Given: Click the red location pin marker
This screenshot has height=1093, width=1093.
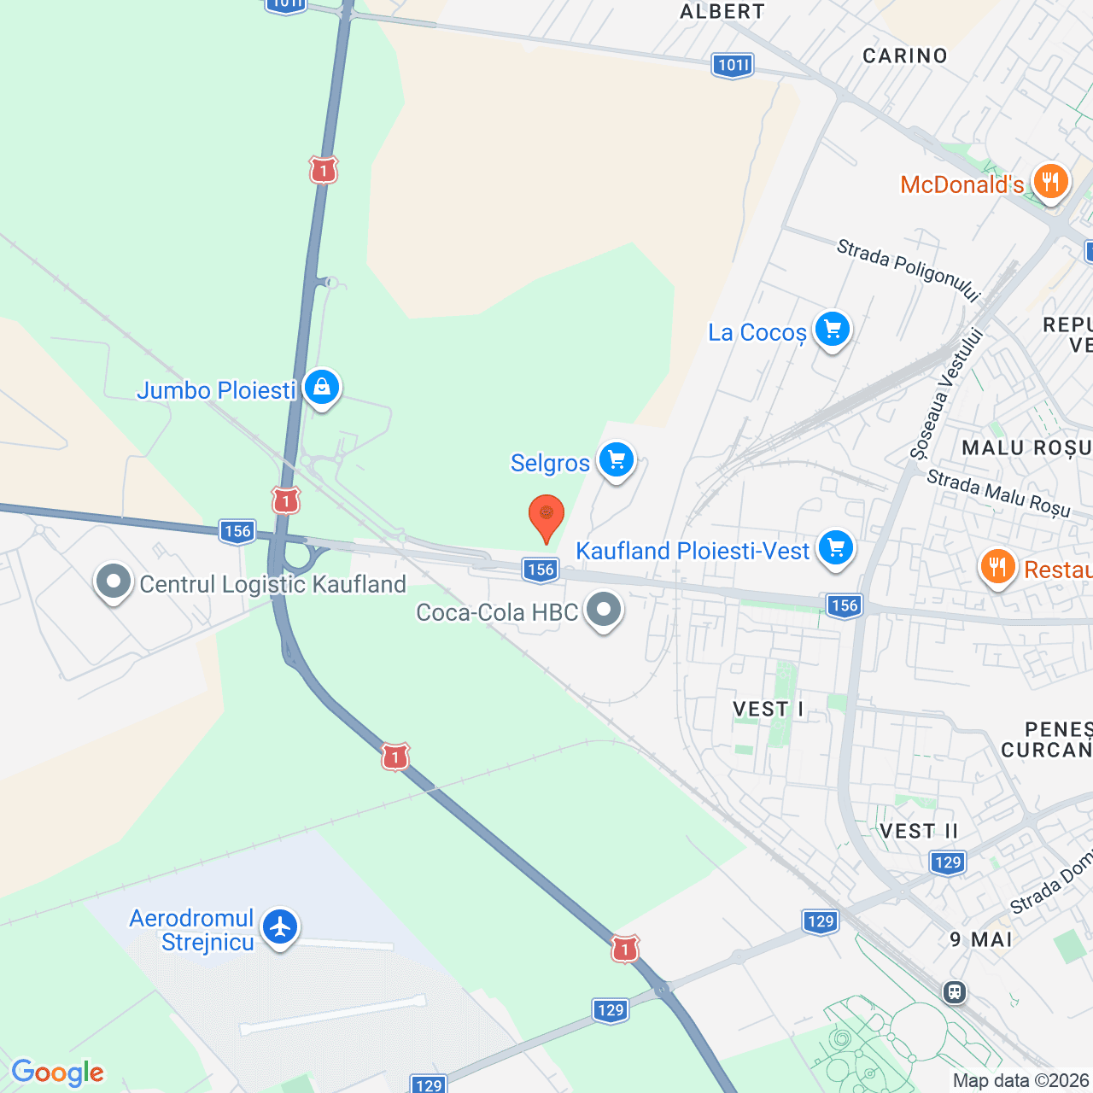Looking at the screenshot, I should [546, 517].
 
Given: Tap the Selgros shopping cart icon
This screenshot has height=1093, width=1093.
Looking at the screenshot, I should [617, 461].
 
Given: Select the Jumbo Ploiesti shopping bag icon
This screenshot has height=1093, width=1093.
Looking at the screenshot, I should [322, 388].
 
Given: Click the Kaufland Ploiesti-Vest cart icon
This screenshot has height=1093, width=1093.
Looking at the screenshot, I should [835, 547].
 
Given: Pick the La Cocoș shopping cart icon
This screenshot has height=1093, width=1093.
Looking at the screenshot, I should [832, 329].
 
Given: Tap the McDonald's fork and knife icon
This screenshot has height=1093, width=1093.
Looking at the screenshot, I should [1050, 182].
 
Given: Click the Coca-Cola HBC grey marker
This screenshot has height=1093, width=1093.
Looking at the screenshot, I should [605, 611].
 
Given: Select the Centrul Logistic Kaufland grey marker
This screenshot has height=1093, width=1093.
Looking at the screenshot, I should [114, 582].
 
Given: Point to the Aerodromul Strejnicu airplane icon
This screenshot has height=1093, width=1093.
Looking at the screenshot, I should [280, 927].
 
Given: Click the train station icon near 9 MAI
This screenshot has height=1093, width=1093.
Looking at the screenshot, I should [955, 992].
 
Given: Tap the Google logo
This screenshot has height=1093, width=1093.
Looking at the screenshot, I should [58, 1073].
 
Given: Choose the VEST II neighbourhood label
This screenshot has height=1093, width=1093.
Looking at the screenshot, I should [919, 831].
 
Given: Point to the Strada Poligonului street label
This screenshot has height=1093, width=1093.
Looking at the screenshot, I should [908, 269].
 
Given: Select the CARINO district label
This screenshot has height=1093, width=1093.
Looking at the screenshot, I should [905, 56].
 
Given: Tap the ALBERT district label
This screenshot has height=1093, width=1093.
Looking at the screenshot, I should [722, 12].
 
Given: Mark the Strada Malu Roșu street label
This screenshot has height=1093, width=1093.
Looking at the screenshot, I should [998, 493].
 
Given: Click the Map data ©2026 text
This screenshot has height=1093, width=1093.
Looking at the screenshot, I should [1021, 1081].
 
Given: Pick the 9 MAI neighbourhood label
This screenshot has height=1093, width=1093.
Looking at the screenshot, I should [981, 939].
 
